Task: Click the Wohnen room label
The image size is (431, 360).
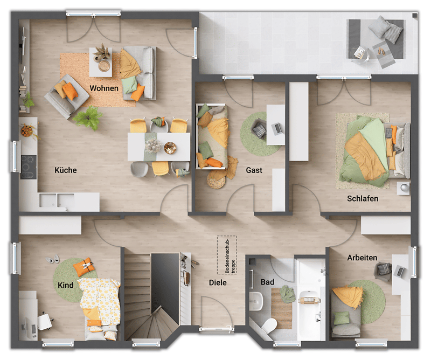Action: point(104,88)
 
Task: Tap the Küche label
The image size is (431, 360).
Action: point(65,170)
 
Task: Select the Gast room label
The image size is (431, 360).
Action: point(254,170)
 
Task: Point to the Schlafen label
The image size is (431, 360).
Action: point(363,198)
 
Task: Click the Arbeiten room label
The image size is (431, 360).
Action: point(362,258)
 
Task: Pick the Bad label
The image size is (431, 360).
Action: point(267,282)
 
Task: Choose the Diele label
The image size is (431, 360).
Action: point(218,282)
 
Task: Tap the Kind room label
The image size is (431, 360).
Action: point(65,285)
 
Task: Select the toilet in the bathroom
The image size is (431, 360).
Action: point(269,326)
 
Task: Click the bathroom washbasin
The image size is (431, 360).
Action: point(256,301)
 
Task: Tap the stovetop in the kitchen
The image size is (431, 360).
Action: point(29,167)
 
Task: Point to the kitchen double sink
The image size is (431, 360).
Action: point(57,200)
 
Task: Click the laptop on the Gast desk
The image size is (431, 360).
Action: point(276,128)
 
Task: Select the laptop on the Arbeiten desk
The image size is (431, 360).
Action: point(399,272)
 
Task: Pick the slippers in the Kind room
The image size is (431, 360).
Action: point(52,259)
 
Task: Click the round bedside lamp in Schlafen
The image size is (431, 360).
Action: point(404,188)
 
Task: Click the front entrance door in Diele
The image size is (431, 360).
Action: point(217,328)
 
